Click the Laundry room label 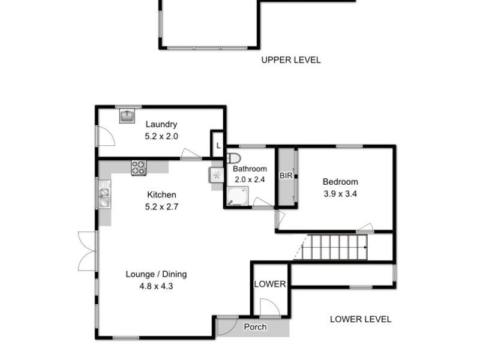pyautogui.click(x=161, y=124)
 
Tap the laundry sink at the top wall pyautogui.click(x=127, y=116)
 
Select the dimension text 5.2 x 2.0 pyautogui.click(x=161, y=136)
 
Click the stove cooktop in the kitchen pyautogui.click(x=139, y=167)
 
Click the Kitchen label pyautogui.click(x=161, y=194)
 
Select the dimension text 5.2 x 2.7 pyautogui.click(x=161, y=206)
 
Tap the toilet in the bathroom pyautogui.click(x=233, y=158)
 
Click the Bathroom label pyautogui.click(x=250, y=169)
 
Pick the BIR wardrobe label pyautogui.click(x=286, y=176)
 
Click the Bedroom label pyautogui.click(x=340, y=182)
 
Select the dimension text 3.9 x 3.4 pyautogui.click(x=340, y=194)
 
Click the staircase pyautogui.click(x=336, y=247)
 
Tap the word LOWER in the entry pyautogui.click(x=270, y=284)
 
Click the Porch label pyautogui.click(x=255, y=327)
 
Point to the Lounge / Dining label pyautogui.click(x=156, y=274)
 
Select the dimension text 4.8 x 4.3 pyautogui.click(x=156, y=286)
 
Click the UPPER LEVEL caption pyautogui.click(x=290, y=60)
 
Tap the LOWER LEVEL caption pyautogui.click(x=361, y=319)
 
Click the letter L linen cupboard pyautogui.click(x=218, y=145)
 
